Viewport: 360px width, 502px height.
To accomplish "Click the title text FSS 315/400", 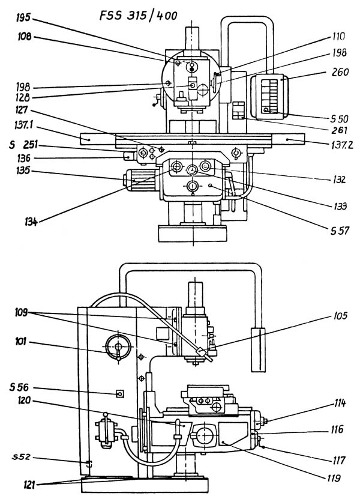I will (x=139, y=15).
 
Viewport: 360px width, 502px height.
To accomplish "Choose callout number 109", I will (x=25, y=311).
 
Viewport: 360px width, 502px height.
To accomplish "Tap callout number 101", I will (x=25, y=345).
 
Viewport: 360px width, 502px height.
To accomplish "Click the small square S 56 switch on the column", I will (x=119, y=394).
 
